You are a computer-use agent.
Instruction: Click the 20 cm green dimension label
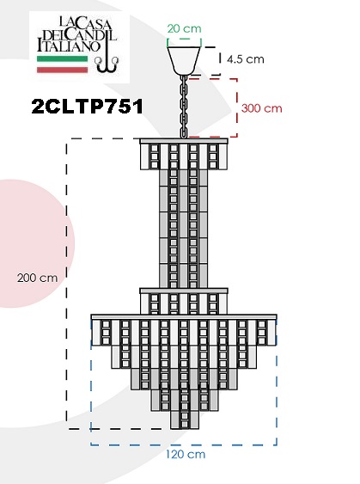pos(184,28)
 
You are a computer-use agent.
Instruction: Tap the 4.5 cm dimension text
pos(246,59)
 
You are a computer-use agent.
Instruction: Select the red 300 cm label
pos(261,108)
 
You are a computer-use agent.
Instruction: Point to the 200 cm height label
pos(37,278)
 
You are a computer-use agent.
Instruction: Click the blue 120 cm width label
pos(186,454)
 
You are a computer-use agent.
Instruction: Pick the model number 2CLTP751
pos(88,107)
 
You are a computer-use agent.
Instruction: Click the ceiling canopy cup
pos(184,61)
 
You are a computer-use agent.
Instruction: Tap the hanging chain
pos(184,107)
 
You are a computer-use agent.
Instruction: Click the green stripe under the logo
pos(63,58)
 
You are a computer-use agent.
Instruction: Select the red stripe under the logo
pos(63,70)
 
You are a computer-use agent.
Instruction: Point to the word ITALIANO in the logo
pos(69,46)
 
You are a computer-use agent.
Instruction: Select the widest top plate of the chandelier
pos(184,317)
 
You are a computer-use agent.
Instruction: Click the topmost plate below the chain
pos(184,141)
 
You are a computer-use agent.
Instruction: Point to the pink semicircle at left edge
pos(37,243)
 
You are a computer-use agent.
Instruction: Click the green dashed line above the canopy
pos(184,40)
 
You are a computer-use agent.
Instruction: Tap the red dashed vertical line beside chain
pos(237,107)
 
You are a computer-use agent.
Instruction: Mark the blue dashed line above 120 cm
pos(184,444)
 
